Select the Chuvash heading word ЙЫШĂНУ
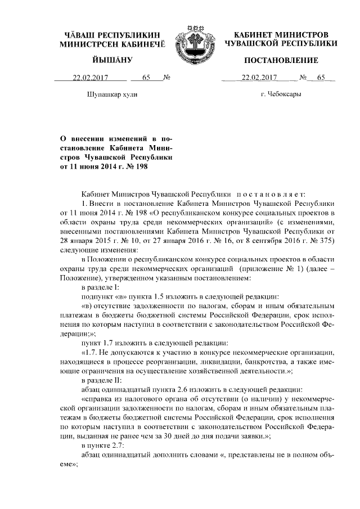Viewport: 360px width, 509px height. (x=111, y=60)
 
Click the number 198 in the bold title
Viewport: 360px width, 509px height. (x=145, y=167)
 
